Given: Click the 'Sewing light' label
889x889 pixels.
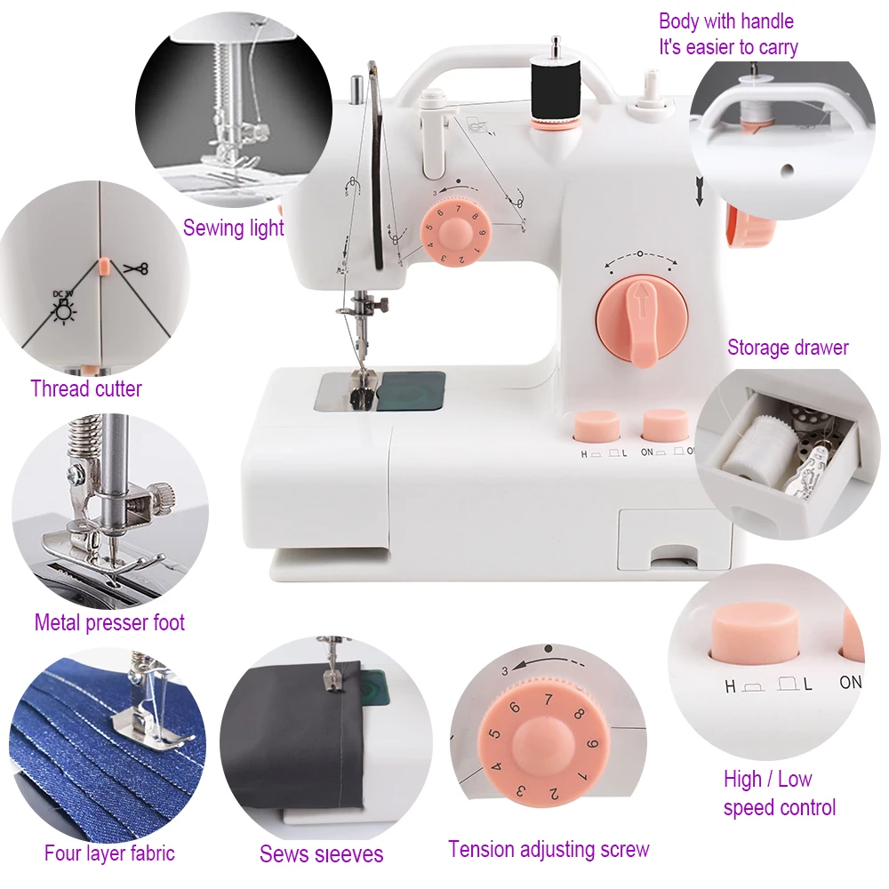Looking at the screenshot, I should [x=233, y=228].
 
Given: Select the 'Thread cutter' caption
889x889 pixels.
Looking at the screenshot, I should [x=85, y=388].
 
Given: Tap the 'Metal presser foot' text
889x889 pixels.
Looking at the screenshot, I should [x=109, y=622].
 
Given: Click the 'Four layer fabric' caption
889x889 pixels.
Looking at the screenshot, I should [x=109, y=853].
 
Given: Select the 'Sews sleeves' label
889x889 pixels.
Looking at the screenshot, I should [x=321, y=855].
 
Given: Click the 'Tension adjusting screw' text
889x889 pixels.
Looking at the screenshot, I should [x=549, y=849].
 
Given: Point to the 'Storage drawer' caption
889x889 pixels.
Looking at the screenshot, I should [x=788, y=348].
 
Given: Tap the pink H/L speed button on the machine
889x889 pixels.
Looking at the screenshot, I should [x=596, y=426].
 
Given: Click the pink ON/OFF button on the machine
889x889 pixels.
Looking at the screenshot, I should [x=665, y=424].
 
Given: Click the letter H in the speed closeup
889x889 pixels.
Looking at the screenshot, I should [x=730, y=685].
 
